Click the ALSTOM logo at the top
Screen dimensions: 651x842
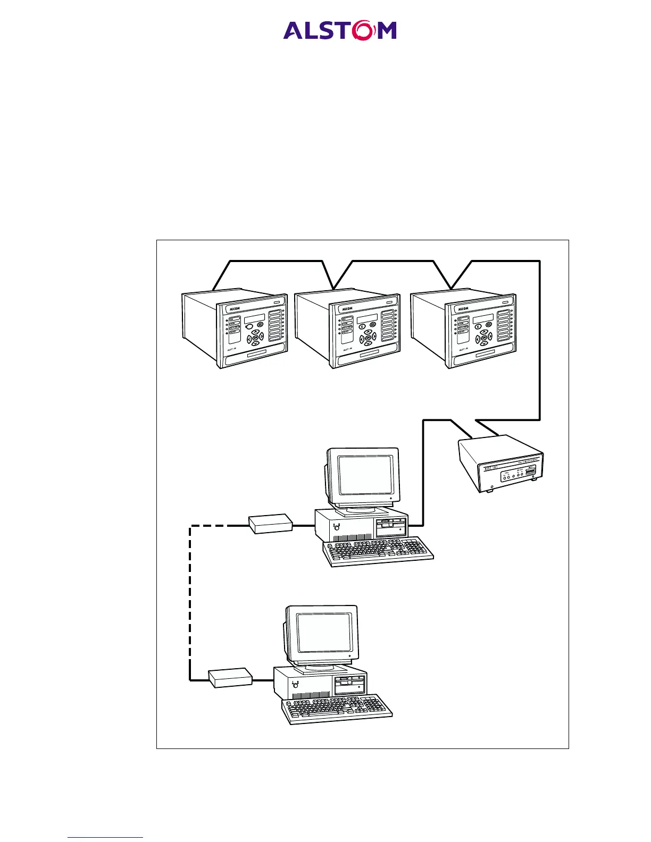pyautogui.click(x=340, y=30)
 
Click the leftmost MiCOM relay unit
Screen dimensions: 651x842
pyautogui.click(x=235, y=329)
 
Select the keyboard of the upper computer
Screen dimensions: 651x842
pyautogui.click(x=378, y=551)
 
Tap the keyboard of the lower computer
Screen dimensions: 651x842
pyautogui.click(x=337, y=709)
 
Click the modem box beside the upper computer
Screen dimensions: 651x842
pyautogui.click(x=271, y=523)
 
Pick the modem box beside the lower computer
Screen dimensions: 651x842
pyautogui.click(x=230, y=678)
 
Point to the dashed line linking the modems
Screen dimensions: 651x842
pyautogui.click(x=190, y=601)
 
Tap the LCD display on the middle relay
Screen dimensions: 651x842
pyautogui.click(x=367, y=318)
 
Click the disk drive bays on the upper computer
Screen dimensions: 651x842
pyautogui.click(x=391, y=527)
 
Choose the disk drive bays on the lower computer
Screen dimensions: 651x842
pyautogui.click(x=350, y=685)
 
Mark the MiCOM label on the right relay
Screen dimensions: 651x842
pyautogui.click(x=463, y=308)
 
